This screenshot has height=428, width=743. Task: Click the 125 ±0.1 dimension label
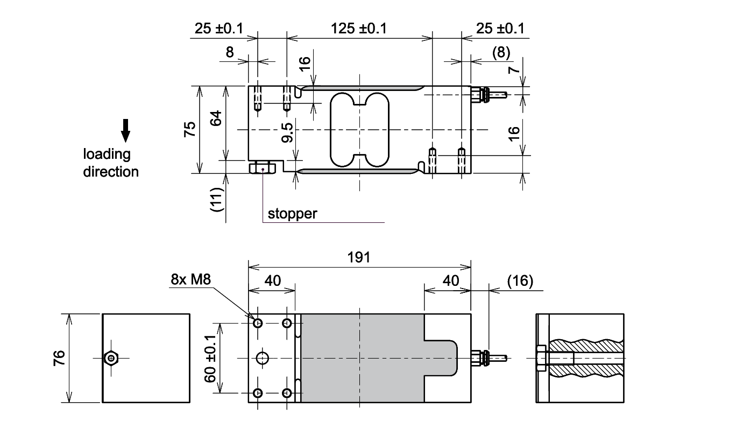tap(359, 29)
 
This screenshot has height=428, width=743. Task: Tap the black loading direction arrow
tap(125, 130)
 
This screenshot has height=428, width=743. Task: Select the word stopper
tap(293, 214)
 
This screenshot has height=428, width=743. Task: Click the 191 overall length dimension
tap(359, 257)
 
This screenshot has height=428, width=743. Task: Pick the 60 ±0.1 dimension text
tap(210, 358)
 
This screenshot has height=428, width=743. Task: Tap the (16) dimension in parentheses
tap(520, 280)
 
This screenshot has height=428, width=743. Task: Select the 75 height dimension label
tap(190, 130)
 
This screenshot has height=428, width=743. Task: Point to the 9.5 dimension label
tap(287, 132)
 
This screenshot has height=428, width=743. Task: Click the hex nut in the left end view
tap(111, 358)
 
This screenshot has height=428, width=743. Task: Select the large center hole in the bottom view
tap(263, 358)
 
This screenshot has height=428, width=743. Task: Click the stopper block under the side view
tap(263, 168)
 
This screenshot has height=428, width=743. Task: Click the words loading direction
tap(110, 163)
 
